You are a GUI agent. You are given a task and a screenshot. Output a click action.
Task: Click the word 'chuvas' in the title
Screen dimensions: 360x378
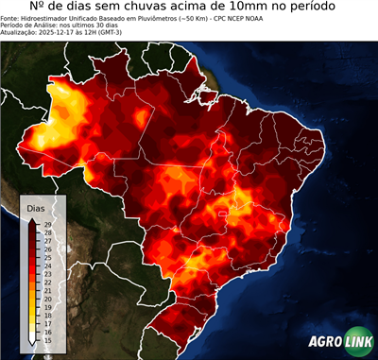tap(148, 8)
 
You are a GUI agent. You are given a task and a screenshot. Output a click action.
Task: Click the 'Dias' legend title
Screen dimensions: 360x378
tap(35, 208)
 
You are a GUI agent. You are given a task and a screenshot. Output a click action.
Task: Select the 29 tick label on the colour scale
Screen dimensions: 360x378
tap(46, 224)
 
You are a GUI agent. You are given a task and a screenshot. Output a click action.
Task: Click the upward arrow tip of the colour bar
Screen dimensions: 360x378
tap(33, 219)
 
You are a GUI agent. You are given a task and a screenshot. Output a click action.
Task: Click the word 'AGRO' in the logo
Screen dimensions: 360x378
tap(326, 341)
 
